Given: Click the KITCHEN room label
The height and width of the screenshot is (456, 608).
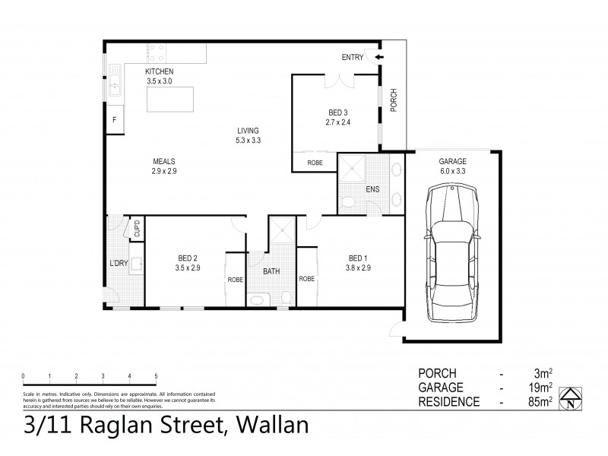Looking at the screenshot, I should (160, 71).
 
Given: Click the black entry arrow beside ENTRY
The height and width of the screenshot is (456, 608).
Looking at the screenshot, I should (377, 57).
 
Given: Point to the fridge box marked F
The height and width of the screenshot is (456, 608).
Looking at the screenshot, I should (114, 121).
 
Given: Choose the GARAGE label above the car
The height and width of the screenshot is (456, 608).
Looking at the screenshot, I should (451, 162).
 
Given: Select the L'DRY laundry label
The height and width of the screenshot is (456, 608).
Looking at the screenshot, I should (118, 264).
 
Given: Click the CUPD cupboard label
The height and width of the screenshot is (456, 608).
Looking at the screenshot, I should (137, 229).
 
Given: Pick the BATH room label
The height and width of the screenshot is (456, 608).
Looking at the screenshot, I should (271, 271).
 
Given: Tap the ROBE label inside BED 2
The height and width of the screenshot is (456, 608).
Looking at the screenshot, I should (235, 279).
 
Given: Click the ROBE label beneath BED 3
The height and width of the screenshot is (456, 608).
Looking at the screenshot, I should (314, 163).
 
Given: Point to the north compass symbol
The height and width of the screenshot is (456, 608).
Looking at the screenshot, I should (572, 397).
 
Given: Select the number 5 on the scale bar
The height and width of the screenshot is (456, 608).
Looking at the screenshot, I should (156, 376).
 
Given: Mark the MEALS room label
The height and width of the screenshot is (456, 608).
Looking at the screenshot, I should (164, 161).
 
